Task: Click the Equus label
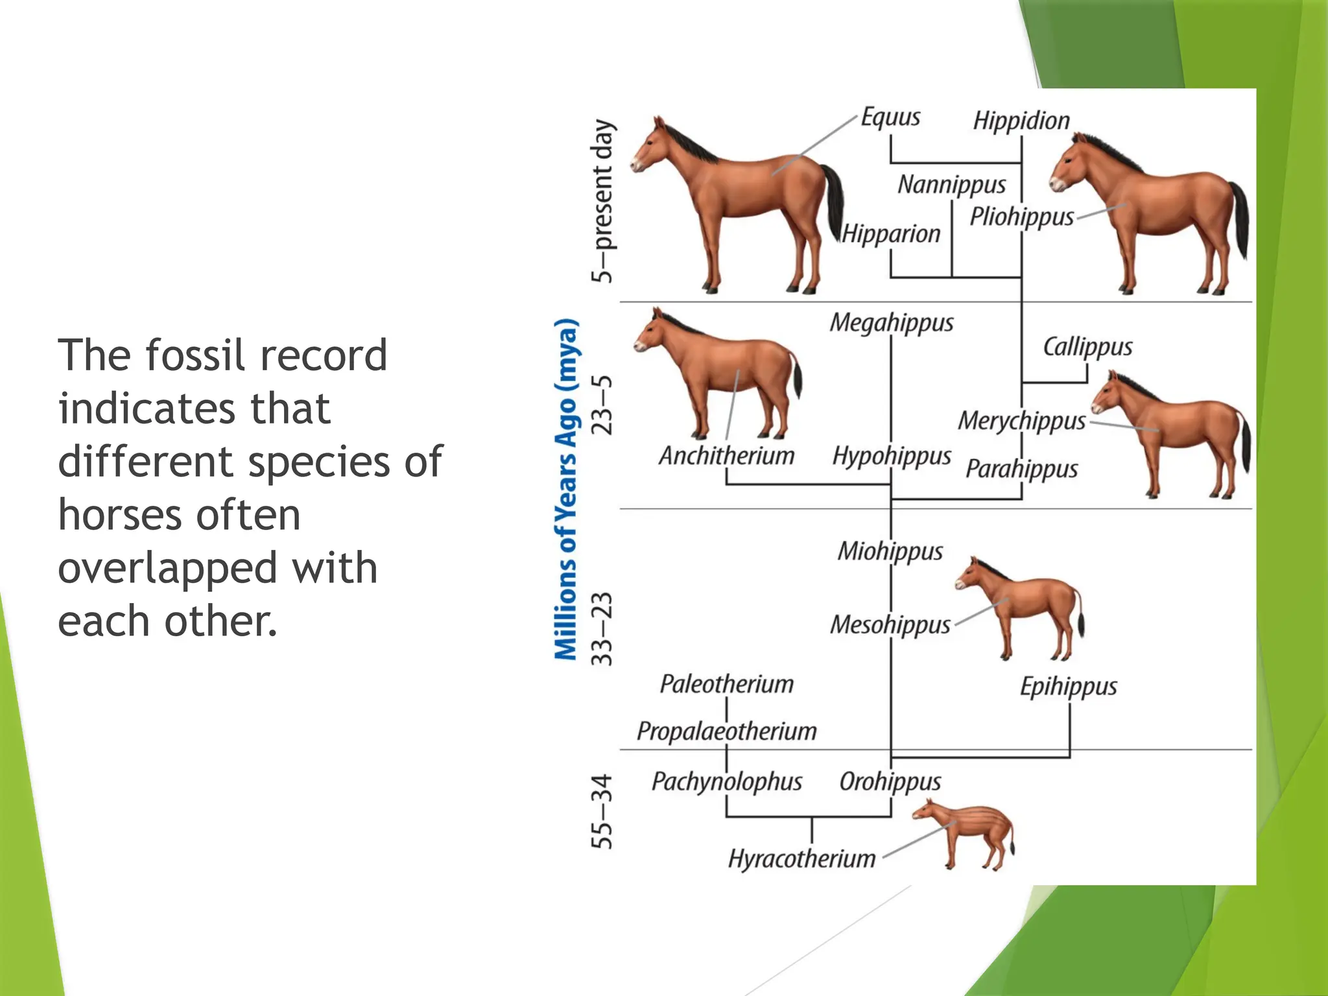pyautogui.click(x=890, y=118)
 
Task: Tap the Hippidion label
pyautogui.click(x=1021, y=121)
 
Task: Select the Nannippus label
pyautogui.click(x=951, y=185)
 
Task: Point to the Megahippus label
pyautogui.click(x=892, y=323)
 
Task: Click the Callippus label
pyautogui.click(x=1087, y=347)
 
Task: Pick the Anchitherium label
pyautogui.click(x=726, y=456)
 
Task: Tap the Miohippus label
pyautogui.click(x=890, y=551)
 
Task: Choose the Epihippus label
pyautogui.click(x=1069, y=686)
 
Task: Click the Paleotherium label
pyautogui.click(x=726, y=684)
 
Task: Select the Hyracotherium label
pyautogui.click(x=801, y=859)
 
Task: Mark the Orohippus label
pyautogui.click(x=890, y=782)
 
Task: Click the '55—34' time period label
pyautogui.click(x=602, y=811)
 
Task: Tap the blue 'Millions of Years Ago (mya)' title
pyautogui.click(x=566, y=490)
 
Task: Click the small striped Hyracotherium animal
pyautogui.click(x=966, y=833)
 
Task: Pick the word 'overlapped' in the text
pyautogui.click(x=166, y=568)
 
